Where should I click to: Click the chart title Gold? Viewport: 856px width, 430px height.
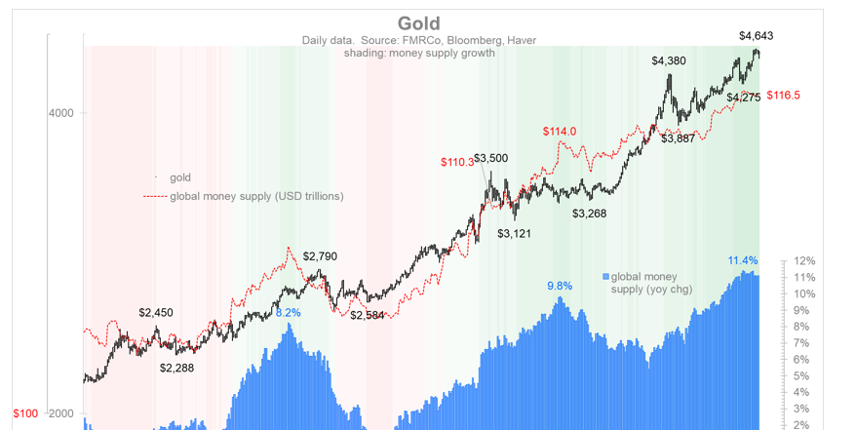point(419,23)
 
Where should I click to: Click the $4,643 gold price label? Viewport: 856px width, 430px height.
point(756,36)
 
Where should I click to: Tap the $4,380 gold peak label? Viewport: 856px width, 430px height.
point(669,60)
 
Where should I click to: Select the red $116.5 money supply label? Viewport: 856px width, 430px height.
point(783,96)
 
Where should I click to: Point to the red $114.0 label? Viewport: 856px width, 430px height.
point(560,132)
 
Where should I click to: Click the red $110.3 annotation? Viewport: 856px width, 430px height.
point(456,162)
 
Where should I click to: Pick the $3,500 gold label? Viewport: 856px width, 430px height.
point(490,158)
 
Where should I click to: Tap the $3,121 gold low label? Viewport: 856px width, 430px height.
point(514,234)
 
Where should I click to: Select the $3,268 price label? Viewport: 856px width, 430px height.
point(589,214)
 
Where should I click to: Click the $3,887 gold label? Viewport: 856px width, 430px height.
point(678,138)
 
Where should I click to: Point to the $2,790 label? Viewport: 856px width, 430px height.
point(320,256)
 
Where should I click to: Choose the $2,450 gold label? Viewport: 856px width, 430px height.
point(156,313)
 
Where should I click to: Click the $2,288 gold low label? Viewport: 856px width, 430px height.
point(176,368)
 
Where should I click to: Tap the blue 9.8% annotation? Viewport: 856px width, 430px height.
point(560,286)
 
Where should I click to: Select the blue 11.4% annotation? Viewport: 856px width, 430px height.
point(743,260)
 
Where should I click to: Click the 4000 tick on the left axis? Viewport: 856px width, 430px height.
point(60,113)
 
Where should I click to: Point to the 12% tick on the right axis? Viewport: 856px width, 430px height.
point(805,261)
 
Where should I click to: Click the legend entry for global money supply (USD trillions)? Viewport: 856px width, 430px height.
point(256,196)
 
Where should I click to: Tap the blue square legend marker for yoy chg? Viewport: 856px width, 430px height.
point(605,276)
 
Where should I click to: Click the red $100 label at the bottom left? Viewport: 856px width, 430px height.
point(25,414)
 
